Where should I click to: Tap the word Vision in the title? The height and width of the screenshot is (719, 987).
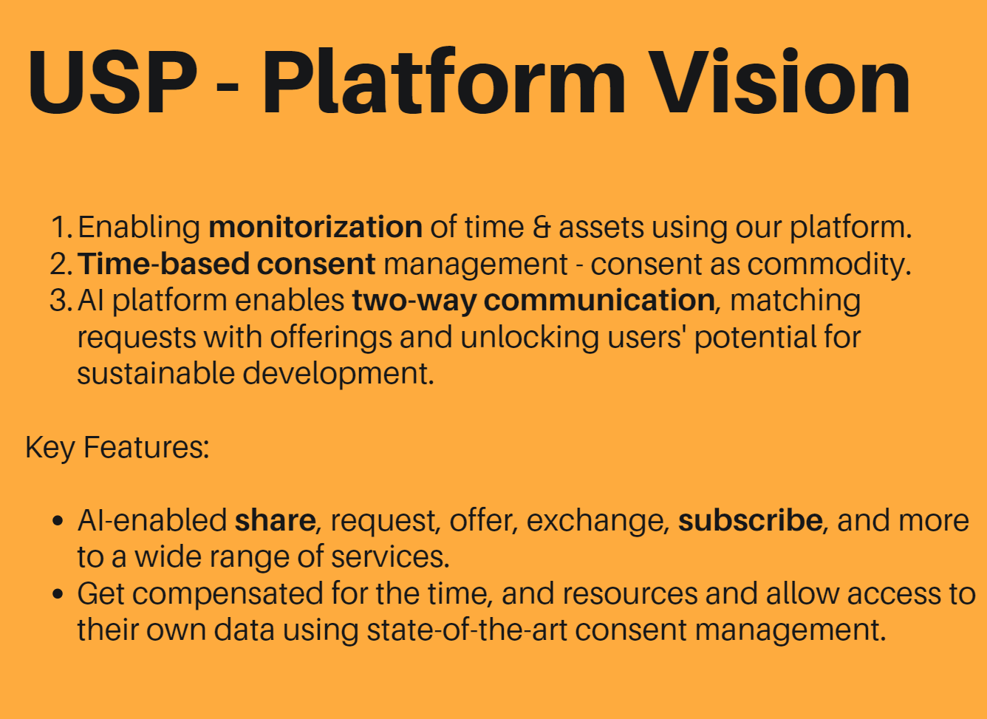click(779, 81)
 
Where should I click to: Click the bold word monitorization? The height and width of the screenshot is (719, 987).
click(315, 227)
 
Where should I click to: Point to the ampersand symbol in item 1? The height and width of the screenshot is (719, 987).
click(542, 228)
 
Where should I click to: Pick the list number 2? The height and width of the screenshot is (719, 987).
click(61, 264)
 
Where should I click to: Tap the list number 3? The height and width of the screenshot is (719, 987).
click(61, 301)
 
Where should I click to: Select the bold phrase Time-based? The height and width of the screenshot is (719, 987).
click(163, 264)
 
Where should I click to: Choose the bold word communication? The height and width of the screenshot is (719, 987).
click(599, 300)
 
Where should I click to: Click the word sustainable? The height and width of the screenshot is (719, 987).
click(156, 373)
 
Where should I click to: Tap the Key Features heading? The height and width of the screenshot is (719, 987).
click(117, 448)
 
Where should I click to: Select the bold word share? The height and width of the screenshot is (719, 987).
click(275, 521)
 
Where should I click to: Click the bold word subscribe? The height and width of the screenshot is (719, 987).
click(750, 520)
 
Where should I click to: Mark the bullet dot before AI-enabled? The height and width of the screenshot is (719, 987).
click(58, 521)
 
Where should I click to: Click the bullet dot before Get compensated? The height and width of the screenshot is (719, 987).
click(58, 593)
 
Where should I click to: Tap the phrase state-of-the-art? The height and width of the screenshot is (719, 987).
click(467, 630)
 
